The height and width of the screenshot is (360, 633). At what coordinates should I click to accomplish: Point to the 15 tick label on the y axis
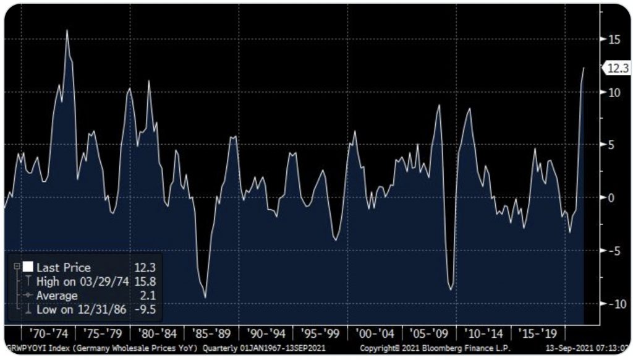pos(614,39)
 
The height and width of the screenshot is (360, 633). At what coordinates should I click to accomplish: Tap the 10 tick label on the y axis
pos(614,92)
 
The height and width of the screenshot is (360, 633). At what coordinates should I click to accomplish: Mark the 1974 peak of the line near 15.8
pos(67,30)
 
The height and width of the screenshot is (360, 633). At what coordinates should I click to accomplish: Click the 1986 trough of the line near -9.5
pos(205,298)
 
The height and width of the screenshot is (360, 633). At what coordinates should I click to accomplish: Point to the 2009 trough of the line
pos(451,289)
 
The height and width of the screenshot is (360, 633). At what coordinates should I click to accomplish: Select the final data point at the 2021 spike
pos(584,68)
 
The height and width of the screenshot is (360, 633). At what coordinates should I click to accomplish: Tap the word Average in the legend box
pos(57,296)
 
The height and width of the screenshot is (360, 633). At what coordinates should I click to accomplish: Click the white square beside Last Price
pos(28,268)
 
